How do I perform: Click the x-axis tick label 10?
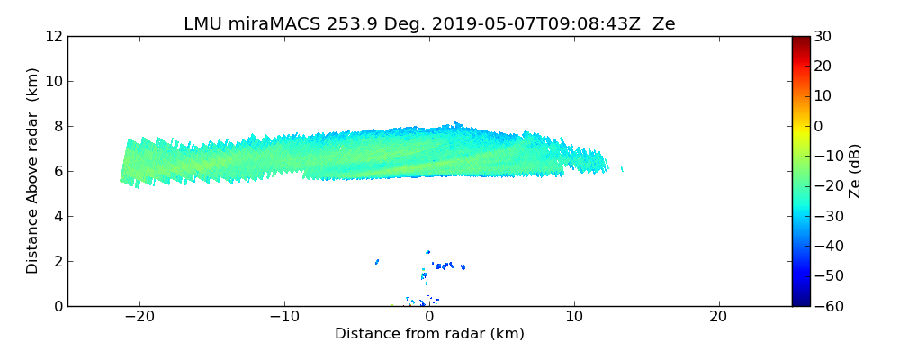click(x=573, y=318)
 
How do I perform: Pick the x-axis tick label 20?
click(x=718, y=318)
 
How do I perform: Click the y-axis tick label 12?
click(x=53, y=37)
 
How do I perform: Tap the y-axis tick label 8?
click(x=57, y=127)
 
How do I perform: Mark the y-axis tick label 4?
click(x=57, y=217)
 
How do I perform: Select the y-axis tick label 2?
click(x=57, y=262)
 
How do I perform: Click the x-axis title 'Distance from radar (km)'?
click(x=429, y=334)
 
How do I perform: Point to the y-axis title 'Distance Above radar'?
click(x=33, y=171)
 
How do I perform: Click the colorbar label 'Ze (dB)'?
click(x=855, y=171)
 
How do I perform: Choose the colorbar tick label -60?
click(x=827, y=306)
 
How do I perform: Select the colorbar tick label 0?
click(x=819, y=127)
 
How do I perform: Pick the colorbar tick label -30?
click(x=827, y=216)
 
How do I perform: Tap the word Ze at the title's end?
click(x=663, y=24)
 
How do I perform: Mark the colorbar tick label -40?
click(x=827, y=247)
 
